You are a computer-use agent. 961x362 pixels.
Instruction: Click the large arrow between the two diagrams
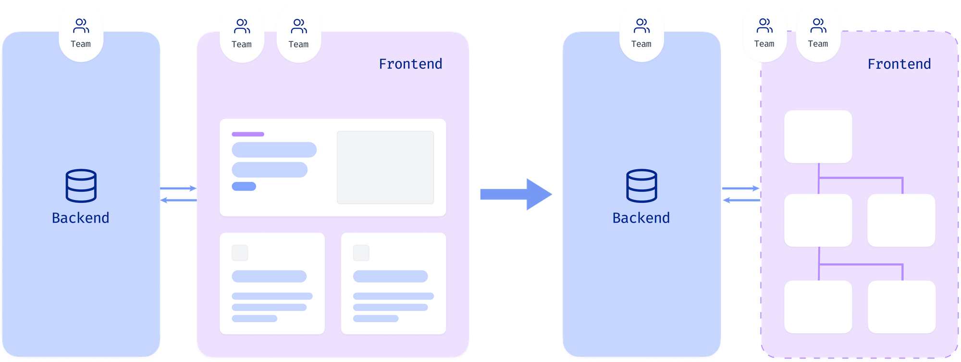pyautogui.click(x=516, y=194)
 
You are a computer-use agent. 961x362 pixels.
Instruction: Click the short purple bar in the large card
pyautogui.click(x=248, y=134)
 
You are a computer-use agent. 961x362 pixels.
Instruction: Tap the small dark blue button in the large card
pyautogui.click(x=244, y=187)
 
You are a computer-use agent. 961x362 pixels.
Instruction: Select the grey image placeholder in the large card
pyautogui.click(x=385, y=167)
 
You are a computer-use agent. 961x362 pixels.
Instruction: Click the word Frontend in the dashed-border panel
pyautogui.click(x=899, y=64)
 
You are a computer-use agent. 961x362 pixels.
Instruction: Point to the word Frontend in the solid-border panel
pyautogui.click(x=410, y=64)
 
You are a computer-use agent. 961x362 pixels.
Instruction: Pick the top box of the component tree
pyautogui.click(x=818, y=137)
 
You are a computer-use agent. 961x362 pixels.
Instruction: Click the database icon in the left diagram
pyautogui.click(x=81, y=186)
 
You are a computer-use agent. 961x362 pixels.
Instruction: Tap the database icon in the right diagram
pyautogui.click(x=642, y=186)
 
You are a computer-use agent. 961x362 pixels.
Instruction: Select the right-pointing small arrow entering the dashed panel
pyautogui.click(x=740, y=188)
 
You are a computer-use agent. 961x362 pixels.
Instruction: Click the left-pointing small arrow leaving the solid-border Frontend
pyautogui.click(x=178, y=200)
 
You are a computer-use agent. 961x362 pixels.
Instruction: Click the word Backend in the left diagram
pyautogui.click(x=81, y=218)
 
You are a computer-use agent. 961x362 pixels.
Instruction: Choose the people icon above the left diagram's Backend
pyautogui.click(x=81, y=25)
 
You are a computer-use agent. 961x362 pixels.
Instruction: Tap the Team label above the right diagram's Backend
pyautogui.click(x=641, y=44)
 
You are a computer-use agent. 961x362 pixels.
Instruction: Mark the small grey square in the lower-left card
pyautogui.click(x=240, y=253)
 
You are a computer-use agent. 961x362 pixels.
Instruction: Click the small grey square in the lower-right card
pyautogui.click(x=361, y=253)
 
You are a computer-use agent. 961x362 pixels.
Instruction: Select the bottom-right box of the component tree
pyautogui.click(x=902, y=307)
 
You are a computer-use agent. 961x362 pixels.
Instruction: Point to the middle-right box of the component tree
pyautogui.click(x=901, y=220)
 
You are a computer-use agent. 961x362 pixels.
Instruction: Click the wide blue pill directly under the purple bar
pyautogui.click(x=274, y=150)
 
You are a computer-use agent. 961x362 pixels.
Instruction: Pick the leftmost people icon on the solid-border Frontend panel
pyautogui.click(x=242, y=26)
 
